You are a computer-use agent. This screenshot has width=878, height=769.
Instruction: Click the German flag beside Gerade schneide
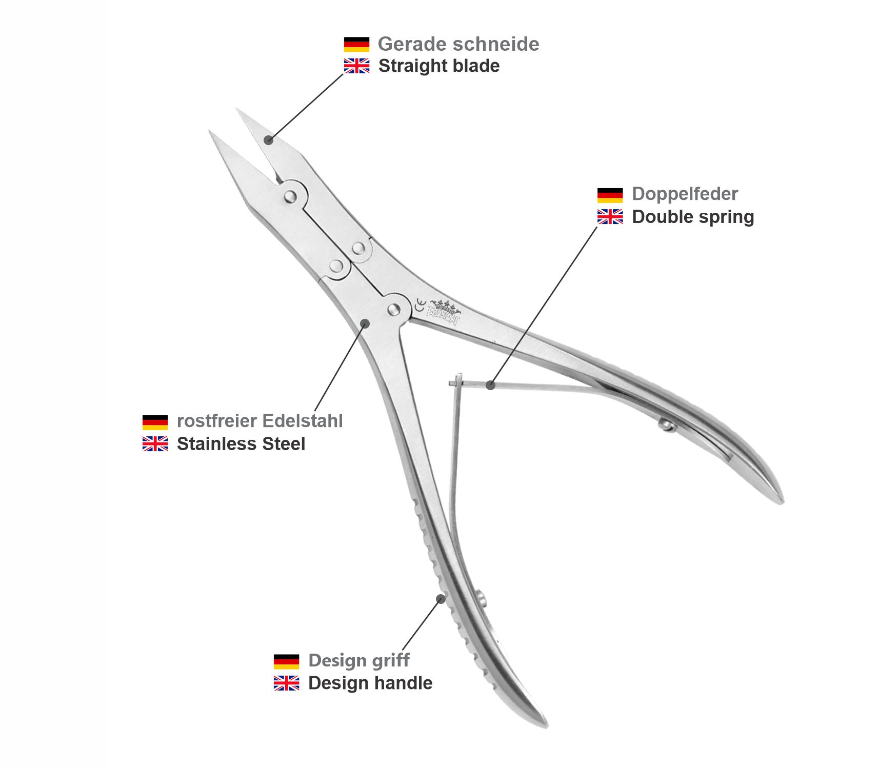point(356,44)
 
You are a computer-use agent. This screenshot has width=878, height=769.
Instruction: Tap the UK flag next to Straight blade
point(356,66)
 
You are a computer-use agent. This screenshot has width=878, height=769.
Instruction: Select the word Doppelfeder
point(685,194)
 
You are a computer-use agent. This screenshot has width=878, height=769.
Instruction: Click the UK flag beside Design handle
point(286,683)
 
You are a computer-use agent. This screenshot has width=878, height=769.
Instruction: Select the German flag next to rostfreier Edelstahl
point(155,422)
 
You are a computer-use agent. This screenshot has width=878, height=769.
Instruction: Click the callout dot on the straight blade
point(269,140)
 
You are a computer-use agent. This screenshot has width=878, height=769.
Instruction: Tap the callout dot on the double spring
point(491,385)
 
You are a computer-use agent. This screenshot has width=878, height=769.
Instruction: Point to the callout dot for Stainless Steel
point(365,323)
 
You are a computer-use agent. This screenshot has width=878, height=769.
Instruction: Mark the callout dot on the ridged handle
point(441,598)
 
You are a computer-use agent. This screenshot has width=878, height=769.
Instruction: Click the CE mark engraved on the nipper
point(420,305)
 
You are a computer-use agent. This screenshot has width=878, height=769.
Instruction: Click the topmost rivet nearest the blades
point(290,196)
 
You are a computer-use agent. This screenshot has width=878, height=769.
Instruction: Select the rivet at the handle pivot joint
point(394,309)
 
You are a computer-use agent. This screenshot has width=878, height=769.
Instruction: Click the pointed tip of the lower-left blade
point(210,132)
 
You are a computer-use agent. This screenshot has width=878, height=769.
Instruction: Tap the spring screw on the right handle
point(666,424)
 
